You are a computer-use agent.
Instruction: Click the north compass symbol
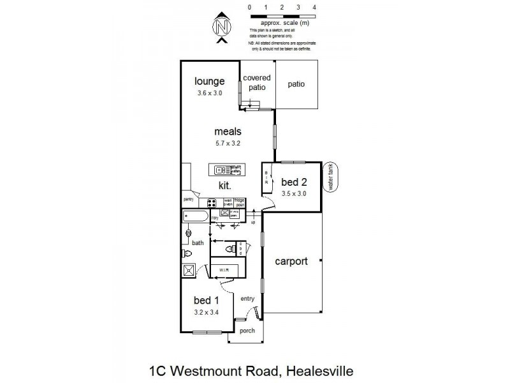pos(221,27)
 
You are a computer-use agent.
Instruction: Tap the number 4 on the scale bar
pos(314,7)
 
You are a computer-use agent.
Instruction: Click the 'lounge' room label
pos(210,81)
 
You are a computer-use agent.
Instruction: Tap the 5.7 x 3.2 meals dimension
pos(228,144)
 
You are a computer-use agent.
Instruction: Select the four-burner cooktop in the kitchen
pos(211,204)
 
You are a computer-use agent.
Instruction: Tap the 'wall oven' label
pos(228,202)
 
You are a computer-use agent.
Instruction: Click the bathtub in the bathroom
pos(194,216)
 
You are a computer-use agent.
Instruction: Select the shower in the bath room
pos(189,270)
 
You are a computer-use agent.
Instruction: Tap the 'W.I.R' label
pos(224,270)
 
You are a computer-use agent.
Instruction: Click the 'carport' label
pos(291,261)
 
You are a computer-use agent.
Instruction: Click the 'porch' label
pos(246,331)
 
